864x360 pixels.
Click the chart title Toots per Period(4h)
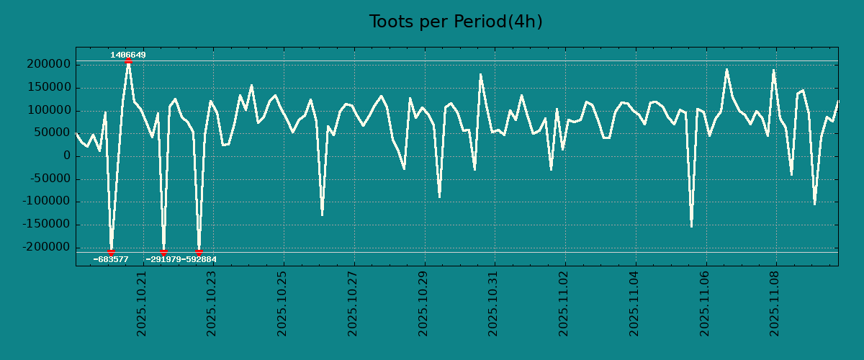(456, 22)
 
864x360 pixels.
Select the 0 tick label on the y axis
(66, 156)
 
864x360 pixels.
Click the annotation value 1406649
(128, 55)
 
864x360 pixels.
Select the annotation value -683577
(111, 259)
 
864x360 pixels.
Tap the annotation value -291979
(163, 259)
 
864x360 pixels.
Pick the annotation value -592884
(199, 259)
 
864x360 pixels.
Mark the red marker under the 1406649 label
(128, 61)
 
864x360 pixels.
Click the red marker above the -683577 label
(111, 252)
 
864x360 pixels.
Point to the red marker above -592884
(199, 252)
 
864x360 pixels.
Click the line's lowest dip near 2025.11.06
(691, 226)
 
